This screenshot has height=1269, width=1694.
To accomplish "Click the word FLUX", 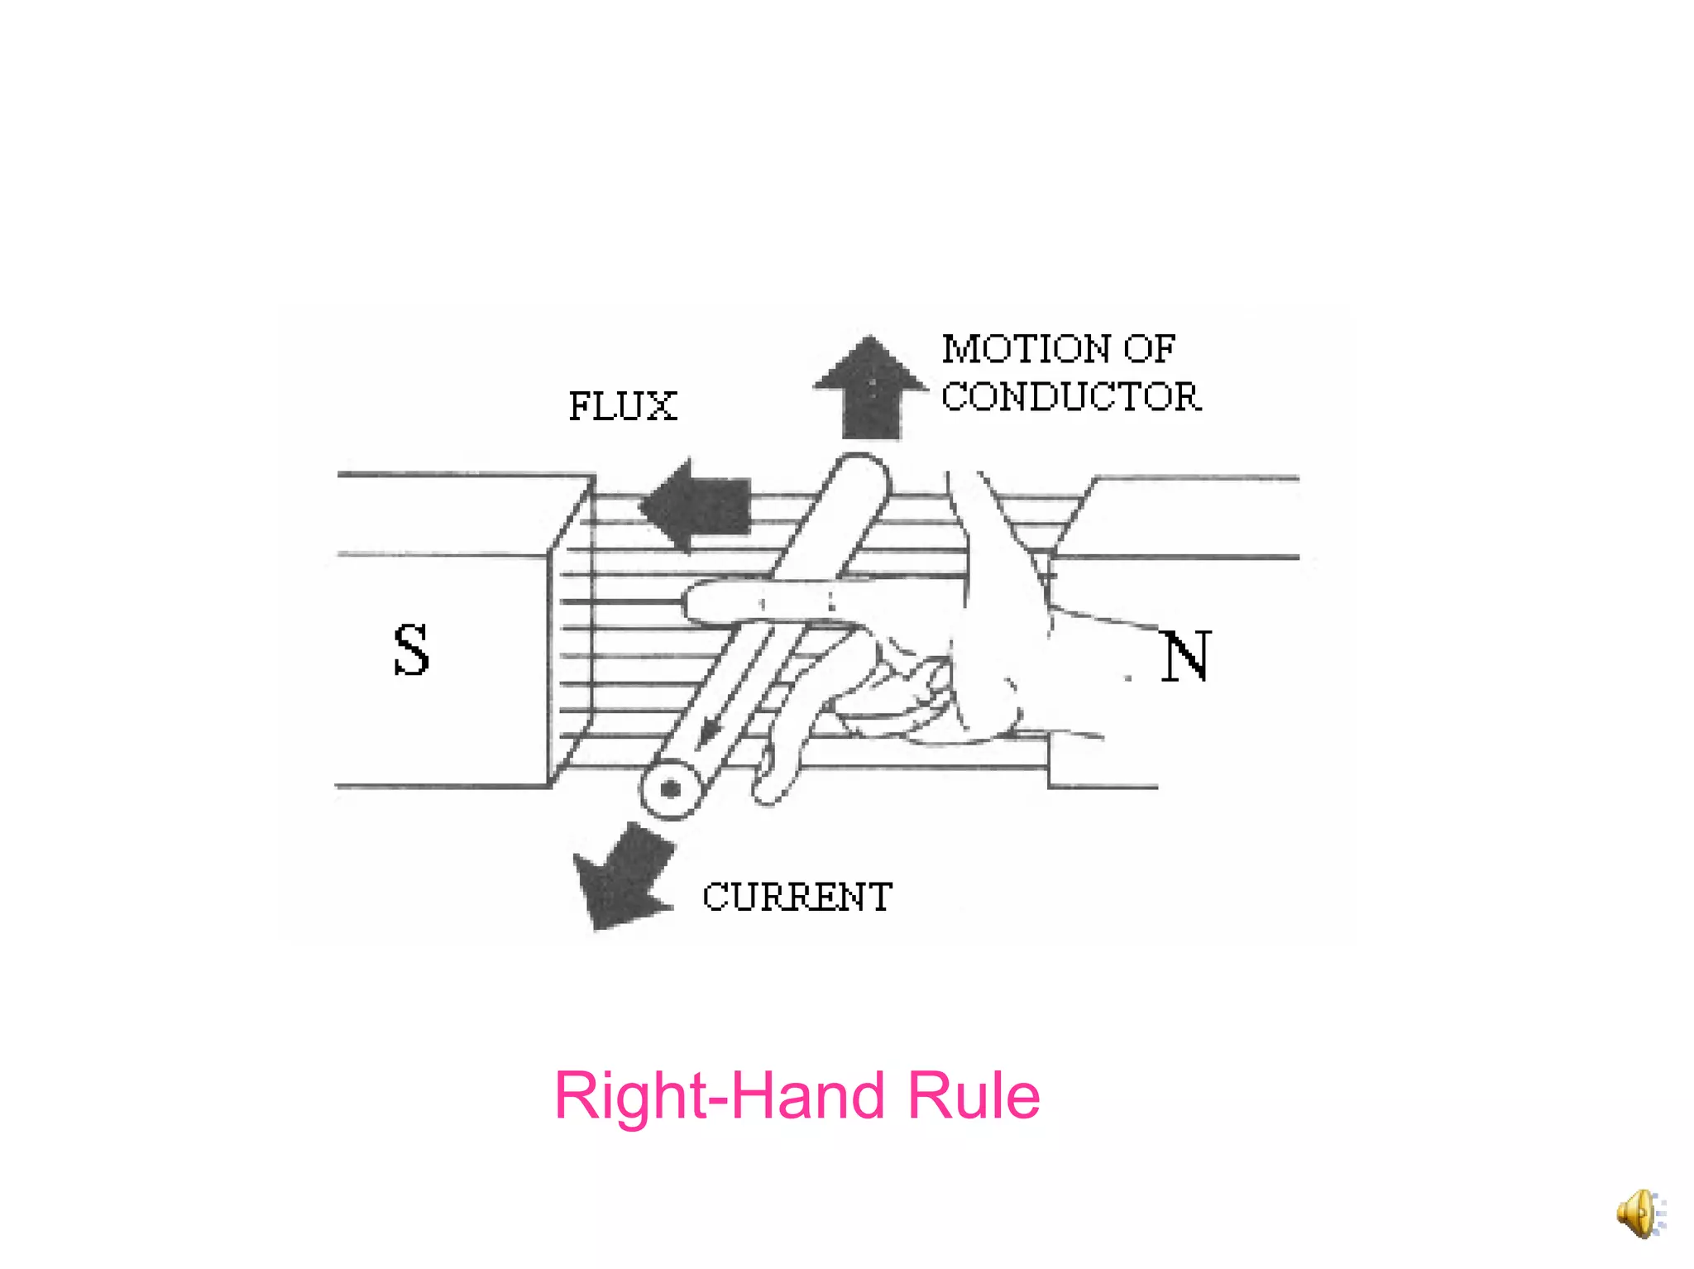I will (622, 406).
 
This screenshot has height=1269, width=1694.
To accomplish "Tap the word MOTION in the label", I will (1026, 349).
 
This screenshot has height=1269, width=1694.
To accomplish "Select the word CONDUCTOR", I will (1070, 397).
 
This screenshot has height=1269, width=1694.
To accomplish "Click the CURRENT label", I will (797, 898).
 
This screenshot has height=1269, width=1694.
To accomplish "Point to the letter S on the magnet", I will (411, 650).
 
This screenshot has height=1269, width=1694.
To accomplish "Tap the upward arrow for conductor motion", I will (870, 387).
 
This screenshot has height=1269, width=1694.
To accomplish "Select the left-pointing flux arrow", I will (696, 505).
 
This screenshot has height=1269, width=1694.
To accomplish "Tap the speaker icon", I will (1639, 1214).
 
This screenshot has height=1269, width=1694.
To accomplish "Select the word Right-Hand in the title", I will (720, 1095).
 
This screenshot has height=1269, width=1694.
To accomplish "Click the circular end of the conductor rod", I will (671, 790).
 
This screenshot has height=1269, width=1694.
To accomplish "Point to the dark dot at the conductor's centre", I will (671, 790).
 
